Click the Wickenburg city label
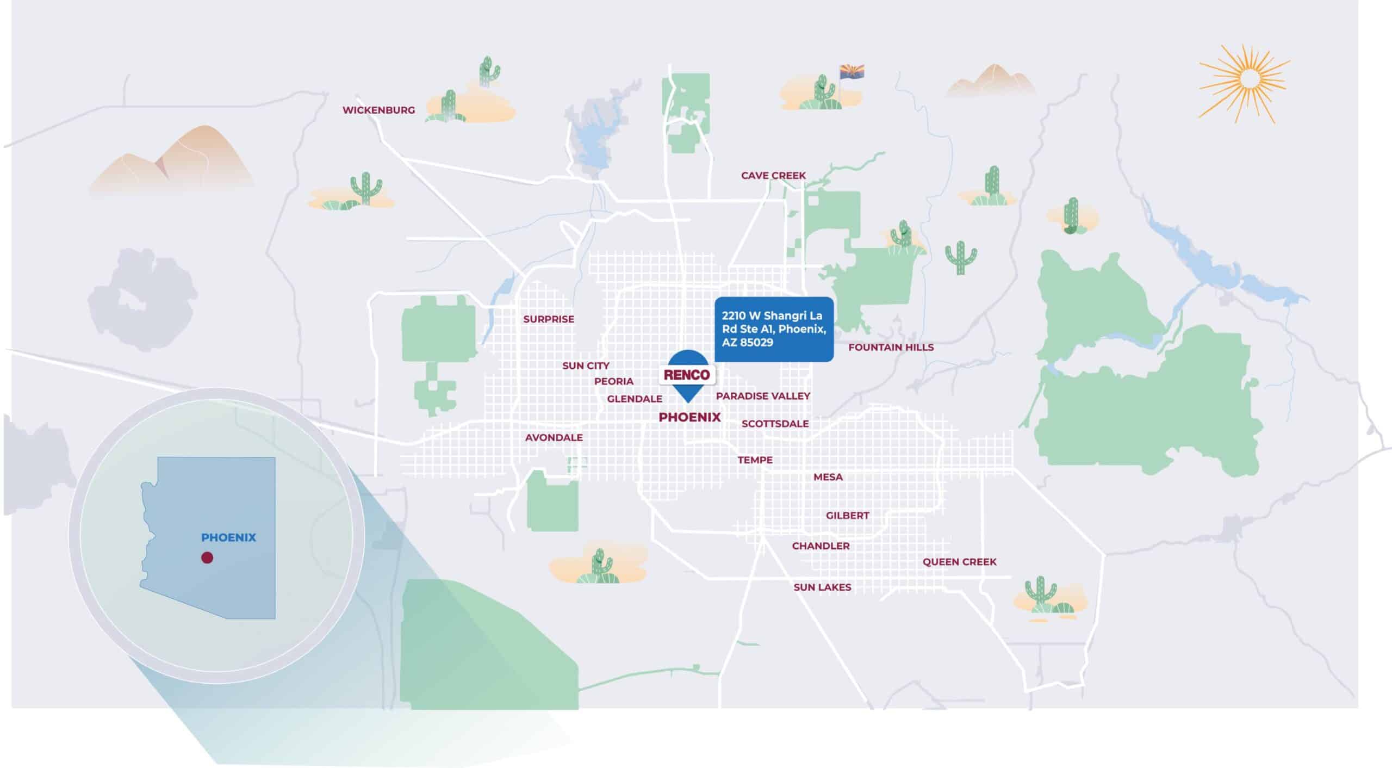[x=378, y=110]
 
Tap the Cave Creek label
[x=773, y=176]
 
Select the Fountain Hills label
[x=891, y=347]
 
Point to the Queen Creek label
[x=959, y=562]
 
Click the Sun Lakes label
[x=822, y=587]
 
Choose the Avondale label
[x=554, y=437]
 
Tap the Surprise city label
[x=549, y=319]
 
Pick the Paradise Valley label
[x=763, y=396]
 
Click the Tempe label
[x=755, y=460]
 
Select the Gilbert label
[x=847, y=515]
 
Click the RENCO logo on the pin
[x=687, y=375]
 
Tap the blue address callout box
[x=773, y=329]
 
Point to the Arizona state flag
[x=852, y=72]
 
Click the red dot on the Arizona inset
[x=207, y=558]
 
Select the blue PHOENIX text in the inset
[x=228, y=537]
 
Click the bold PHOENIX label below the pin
[x=689, y=417]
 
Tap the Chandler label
[x=821, y=546]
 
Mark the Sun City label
[x=586, y=366]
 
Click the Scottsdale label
[x=775, y=424]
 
